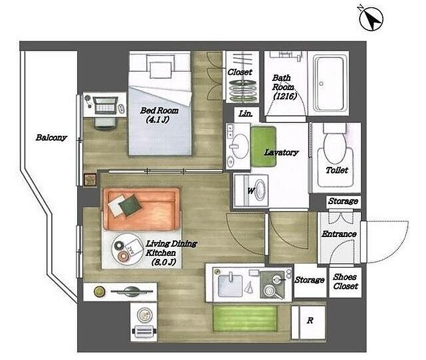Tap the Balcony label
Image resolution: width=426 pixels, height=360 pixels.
pyautogui.click(x=51, y=138)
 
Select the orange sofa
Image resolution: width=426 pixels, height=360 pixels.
pyautogui.click(x=141, y=209)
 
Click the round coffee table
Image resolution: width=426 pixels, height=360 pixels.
pyautogui.click(x=127, y=249)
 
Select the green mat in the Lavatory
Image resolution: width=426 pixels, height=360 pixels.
pyautogui.click(x=264, y=146)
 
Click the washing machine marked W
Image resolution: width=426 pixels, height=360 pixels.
pyautogui.click(x=251, y=191)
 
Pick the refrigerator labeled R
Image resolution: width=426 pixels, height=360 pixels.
pyautogui.click(x=309, y=322)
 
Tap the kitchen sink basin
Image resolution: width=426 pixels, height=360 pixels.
pyautogui.click(x=231, y=286)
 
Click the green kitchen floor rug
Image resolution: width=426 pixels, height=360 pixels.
pyautogui.click(x=245, y=319)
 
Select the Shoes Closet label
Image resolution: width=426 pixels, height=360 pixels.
pyautogui.click(x=345, y=281)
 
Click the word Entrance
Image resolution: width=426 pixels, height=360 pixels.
pyautogui.click(x=339, y=234)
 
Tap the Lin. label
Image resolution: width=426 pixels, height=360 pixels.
pyautogui.click(x=245, y=114)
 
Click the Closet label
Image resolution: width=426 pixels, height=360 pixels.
pyautogui.click(x=240, y=72)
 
